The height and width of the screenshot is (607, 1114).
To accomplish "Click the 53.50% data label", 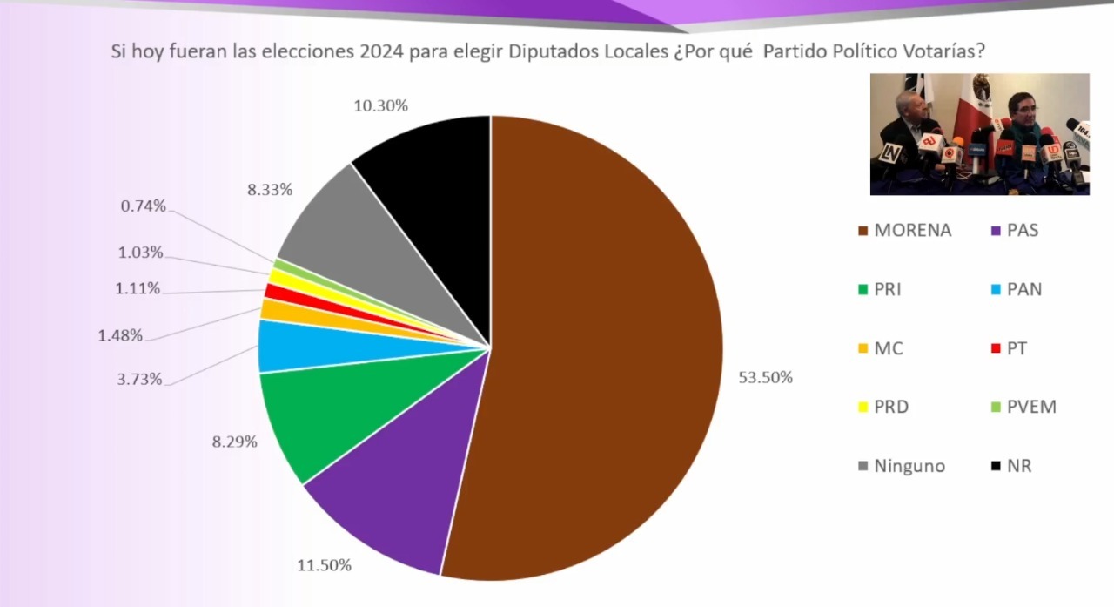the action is [765, 378].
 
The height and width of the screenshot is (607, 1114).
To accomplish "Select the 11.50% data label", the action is [325, 565].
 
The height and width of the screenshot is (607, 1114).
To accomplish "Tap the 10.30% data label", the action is [381, 105].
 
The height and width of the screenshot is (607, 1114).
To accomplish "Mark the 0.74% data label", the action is [144, 206].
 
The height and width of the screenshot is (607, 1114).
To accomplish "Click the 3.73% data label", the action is [139, 379].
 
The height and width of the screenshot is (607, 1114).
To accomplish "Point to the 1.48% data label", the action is [120, 335].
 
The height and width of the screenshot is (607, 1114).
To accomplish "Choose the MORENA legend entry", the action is [905, 231].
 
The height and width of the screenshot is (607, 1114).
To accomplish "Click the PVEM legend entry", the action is [1023, 407].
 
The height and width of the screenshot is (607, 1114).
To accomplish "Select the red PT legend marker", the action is [996, 348].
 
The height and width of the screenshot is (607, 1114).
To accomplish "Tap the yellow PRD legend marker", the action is [863, 407].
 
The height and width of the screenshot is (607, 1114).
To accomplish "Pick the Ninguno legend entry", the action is [903, 466].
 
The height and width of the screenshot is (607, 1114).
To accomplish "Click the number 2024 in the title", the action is [382, 51].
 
